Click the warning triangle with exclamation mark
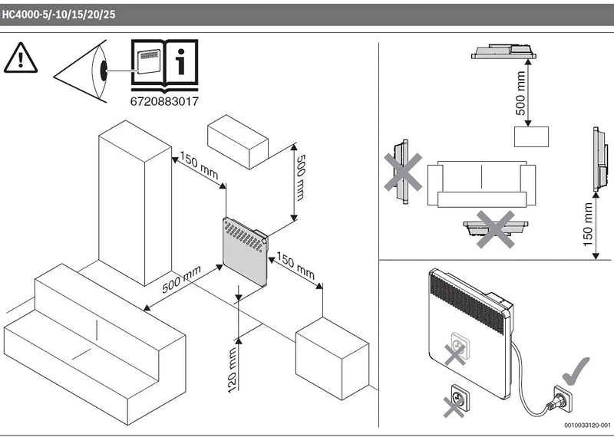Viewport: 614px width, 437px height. pyautogui.click(x=21, y=58)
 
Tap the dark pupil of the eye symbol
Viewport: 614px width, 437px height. pyautogui.click(x=104, y=71)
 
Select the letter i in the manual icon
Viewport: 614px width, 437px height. pyautogui.click(x=180, y=62)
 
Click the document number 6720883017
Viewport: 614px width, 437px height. pyautogui.click(x=164, y=101)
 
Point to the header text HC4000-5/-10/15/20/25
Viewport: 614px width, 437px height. pyautogui.click(x=59, y=15)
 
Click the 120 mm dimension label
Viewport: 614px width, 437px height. pyautogui.click(x=232, y=370)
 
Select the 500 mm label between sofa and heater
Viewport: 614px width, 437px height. pyautogui.click(x=182, y=279)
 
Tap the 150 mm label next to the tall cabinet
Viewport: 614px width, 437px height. pyautogui.click(x=199, y=166)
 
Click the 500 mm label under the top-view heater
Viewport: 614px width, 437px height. pyautogui.click(x=520, y=93)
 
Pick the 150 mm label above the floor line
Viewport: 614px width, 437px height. pyautogui.click(x=588, y=224)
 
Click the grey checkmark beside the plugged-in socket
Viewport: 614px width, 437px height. pyautogui.click(x=576, y=370)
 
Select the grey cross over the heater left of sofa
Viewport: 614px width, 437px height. pyautogui.click(x=403, y=172)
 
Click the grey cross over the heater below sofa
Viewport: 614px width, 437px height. pyautogui.click(x=495, y=229)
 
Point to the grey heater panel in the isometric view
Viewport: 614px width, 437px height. pyautogui.click(x=245, y=252)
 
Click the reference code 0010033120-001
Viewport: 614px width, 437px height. pyautogui.click(x=587, y=426)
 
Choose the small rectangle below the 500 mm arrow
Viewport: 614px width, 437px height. pyautogui.click(x=531, y=136)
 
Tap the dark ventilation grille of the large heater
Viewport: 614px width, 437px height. pyautogui.click(x=468, y=303)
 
